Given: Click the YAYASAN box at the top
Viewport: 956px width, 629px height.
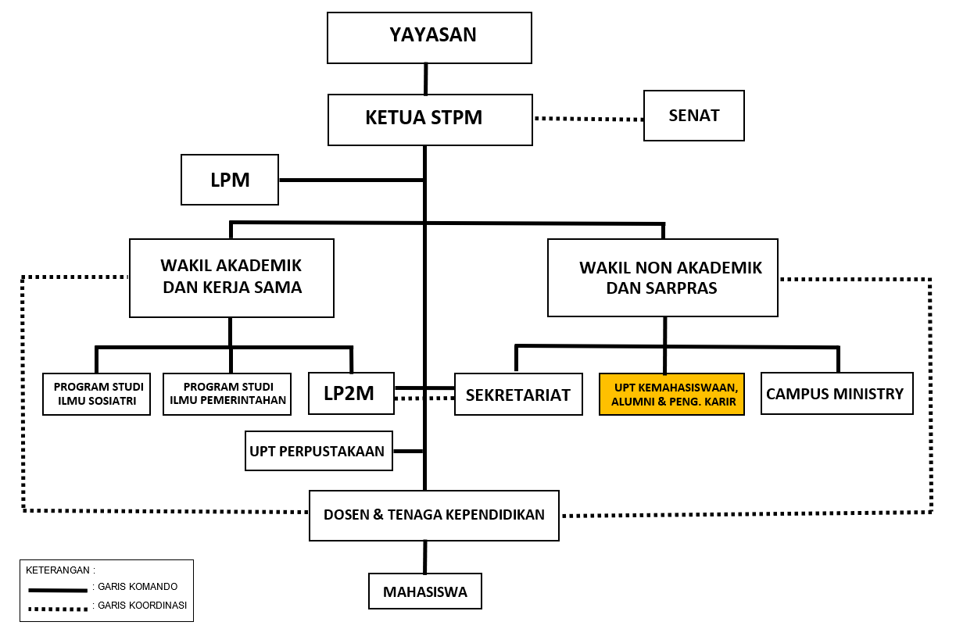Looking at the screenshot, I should click(x=429, y=38).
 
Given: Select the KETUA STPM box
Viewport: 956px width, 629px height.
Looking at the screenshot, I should click(x=430, y=118).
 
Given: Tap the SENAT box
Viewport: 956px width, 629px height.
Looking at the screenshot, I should click(x=693, y=116).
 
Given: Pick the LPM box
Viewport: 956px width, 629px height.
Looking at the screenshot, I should click(x=230, y=180).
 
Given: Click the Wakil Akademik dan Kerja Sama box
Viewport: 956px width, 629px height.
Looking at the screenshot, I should click(x=231, y=277).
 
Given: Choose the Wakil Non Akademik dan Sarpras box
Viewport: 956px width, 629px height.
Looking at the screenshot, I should click(x=662, y=277).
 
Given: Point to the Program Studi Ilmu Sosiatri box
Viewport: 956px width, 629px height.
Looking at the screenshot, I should click(x=97, y=394).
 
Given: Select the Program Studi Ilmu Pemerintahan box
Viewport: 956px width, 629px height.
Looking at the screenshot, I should click(x=227, y=394).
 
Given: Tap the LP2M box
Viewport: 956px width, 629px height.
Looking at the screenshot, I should click(x=351, y=394).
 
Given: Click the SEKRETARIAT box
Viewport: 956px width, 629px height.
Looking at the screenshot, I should click(x=518, y=395).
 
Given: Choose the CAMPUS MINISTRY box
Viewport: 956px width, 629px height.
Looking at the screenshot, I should click(x=836, y=393).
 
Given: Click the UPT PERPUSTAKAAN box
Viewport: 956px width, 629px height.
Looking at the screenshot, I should click(x=318, y=451).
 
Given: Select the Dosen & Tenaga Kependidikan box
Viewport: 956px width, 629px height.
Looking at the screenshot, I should click(x=434, y=515).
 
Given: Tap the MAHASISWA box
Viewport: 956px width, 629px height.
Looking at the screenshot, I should click(x=424, y=591).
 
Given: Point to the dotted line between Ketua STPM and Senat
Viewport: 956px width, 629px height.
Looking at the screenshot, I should click(x=588, y=119).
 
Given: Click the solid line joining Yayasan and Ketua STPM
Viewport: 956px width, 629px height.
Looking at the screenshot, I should click(x=426, y=79).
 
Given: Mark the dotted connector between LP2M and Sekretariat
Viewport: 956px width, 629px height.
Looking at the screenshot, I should click(x=424, y=398).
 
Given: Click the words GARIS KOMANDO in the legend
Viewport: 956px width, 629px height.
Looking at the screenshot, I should click(x=137, y=586).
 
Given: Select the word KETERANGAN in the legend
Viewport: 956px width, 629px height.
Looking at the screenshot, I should click(x=60, y=569).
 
